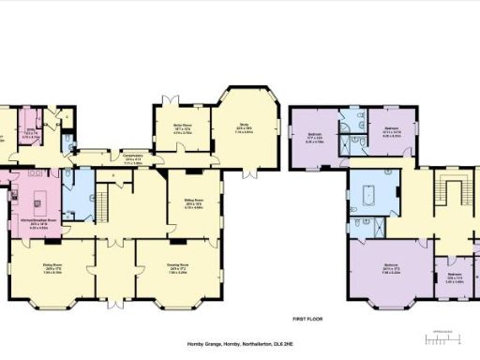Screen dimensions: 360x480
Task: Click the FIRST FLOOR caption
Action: [x=307, y=319]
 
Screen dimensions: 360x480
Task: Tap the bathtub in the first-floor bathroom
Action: [x=368, y=199]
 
